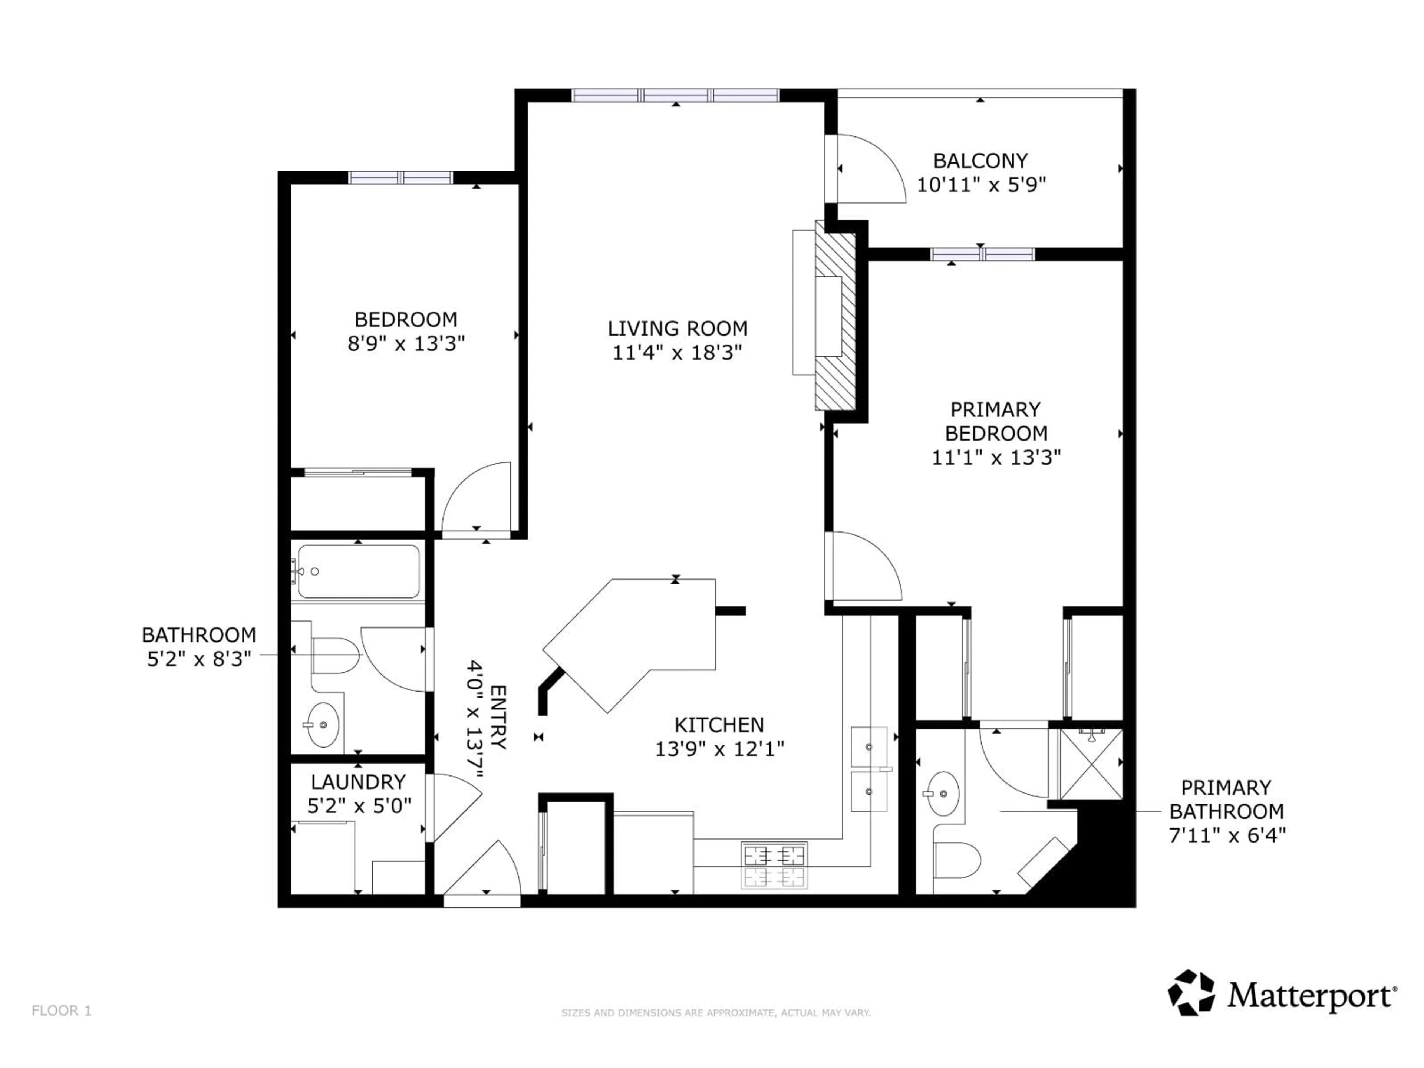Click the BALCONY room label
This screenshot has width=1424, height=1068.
click(x=980, y=160)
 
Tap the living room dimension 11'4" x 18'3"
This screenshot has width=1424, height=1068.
click(x=677, y=352)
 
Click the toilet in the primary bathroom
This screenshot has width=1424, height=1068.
click(x=957, y=860)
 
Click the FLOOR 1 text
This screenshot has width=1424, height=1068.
click(x=62, y=1011)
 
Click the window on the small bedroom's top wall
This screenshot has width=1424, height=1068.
click(x=400, y=178)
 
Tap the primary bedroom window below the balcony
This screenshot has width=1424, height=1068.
click(x=982, y=254)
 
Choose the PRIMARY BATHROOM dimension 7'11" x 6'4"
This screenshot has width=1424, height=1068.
click(x=1227, y=835)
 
